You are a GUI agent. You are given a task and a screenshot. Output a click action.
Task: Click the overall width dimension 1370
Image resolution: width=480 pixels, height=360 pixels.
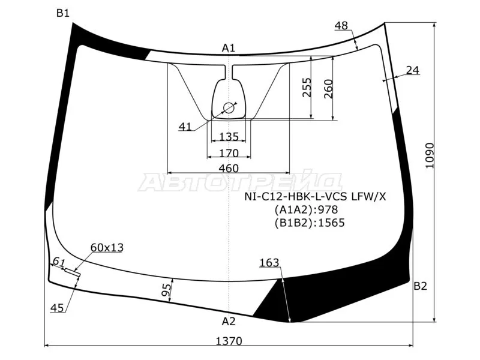coord(229,341)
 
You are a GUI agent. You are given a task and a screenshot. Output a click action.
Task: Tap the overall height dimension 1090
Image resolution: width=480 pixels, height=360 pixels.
coord(430,155)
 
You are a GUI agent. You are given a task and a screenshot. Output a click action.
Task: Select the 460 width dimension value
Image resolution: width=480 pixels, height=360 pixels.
coord(229,168)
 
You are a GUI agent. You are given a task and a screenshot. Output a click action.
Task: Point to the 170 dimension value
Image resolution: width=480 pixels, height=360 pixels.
coord(229,153)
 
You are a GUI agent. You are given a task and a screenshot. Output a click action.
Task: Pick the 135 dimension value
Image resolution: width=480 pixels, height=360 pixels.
coord(229,137)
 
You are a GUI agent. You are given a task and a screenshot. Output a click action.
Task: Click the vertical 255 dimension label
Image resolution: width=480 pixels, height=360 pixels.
coord(307,87)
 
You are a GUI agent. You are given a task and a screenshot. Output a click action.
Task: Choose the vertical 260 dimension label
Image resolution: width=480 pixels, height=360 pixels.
coord(328,89)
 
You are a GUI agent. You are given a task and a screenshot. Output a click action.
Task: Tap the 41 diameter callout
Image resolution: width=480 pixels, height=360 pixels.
coord(185,127)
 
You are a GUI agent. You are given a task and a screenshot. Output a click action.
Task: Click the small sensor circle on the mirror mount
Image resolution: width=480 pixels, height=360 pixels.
coord(229,108)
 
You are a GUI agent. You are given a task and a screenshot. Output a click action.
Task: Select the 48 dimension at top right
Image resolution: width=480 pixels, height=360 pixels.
coord(341,25)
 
